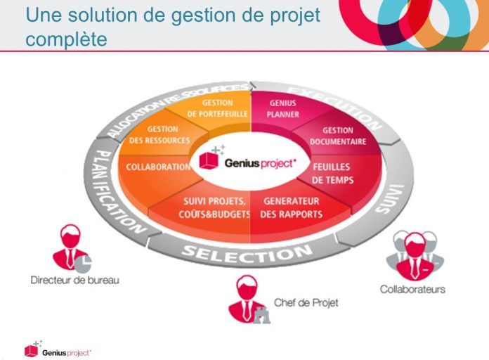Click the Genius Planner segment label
[x=283, y=109]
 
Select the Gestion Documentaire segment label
[x=338, y=136]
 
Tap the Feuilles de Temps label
[x=332, y=173]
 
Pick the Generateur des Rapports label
[x=292, y=207]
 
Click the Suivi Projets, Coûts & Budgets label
[x=214, y=207]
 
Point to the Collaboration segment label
[x=158, y=167]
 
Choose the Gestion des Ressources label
[x=159, y=135]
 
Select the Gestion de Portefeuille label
[x=217, y=108]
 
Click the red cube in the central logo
[x=209, y=160]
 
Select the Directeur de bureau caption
[x=75, y=280]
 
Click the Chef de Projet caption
[x=306, y=302]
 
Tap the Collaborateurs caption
[x=412, y=289]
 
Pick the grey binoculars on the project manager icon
[x=261, y=315]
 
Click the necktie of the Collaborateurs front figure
[x=414, y=268]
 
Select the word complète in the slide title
[x=67, y=39]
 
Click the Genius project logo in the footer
[x=58, y=349]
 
